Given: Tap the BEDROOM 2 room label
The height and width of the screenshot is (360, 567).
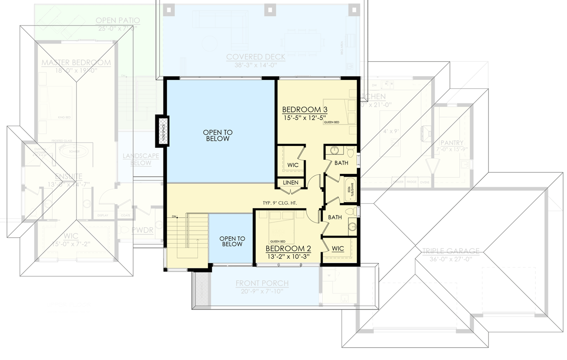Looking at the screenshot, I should (287, 249).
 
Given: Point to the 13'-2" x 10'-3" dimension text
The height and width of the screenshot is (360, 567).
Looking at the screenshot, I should (287, 257).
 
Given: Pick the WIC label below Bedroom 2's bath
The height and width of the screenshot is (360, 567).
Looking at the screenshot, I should (338, 249).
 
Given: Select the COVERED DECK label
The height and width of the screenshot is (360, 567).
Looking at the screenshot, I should (256, 57).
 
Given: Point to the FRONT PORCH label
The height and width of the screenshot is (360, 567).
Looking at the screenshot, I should (262, 284).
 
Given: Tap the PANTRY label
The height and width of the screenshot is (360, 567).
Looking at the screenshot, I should (452, 143).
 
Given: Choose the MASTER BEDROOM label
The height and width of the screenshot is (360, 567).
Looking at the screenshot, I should (76, 63).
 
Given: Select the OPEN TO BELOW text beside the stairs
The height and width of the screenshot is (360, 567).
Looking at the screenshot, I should (231, 241).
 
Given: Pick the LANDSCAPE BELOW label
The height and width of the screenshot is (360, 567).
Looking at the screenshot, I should (140, 159).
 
